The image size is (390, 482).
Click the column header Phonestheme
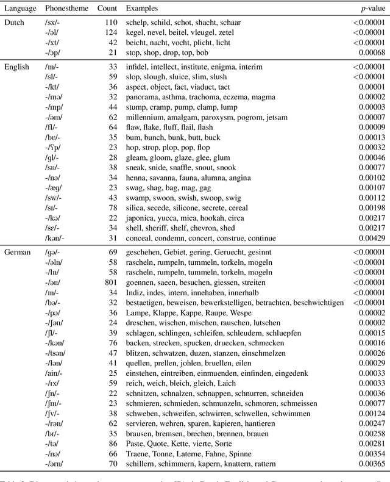coord(65,9)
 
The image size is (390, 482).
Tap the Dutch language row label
coord(15,23)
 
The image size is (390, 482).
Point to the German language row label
coord(17,251)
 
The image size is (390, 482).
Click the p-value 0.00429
coord(372,237)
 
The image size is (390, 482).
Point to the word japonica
coord(142,217)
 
